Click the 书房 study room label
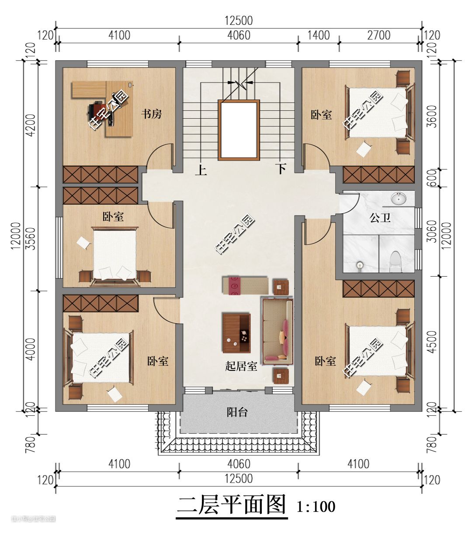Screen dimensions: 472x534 (151, 114)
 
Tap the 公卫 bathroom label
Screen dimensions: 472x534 (380, 218)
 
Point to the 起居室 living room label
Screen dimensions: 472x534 (241, 366)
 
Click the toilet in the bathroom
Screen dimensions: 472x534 (396, 262)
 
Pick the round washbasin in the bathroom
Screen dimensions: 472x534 (399, 199)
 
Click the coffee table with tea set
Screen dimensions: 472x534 (236, 333)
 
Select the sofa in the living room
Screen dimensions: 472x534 (277, 332)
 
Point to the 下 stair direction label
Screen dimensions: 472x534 (281, 169)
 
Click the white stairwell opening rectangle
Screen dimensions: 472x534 (239, 130)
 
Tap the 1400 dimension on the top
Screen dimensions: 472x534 (319, 35)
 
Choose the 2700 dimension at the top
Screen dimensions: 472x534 (378, 35)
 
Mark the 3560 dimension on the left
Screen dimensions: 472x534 (31, 239)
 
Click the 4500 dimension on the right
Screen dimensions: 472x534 (432, 342)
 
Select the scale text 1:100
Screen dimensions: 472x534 (316, 507)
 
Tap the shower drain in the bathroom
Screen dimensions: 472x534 (359, 265)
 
